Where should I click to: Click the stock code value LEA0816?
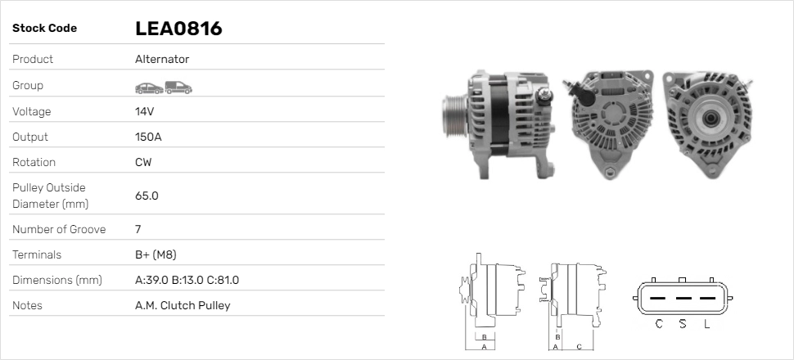coord(178,29)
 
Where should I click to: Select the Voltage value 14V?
coord(145,111)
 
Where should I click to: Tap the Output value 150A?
coord(148,137)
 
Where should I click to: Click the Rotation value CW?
coord(143,162)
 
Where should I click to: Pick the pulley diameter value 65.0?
coord(147,196)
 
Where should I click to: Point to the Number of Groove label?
coord(59,229)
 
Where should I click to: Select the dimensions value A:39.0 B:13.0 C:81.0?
coord(187,280)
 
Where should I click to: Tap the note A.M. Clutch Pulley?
coord(183,305)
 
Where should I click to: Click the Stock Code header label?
coord(44,29)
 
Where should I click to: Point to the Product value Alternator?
coord(162,59)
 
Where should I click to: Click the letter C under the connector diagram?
coord(659,324)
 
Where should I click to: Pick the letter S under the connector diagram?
coord(683,324)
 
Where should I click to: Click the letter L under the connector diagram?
coord(706,324)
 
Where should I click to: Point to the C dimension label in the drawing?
coord(579,346)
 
